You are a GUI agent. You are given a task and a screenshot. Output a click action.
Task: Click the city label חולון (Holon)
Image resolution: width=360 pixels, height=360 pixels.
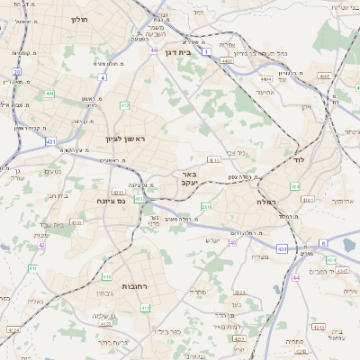click(78, 18)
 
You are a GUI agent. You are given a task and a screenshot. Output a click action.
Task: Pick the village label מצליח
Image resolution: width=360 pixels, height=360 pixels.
click(258, 256)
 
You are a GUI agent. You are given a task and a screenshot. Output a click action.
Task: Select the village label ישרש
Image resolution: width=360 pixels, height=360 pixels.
click(212, 239)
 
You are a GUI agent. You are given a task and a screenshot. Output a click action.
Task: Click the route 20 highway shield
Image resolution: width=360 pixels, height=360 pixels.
click(16, 71)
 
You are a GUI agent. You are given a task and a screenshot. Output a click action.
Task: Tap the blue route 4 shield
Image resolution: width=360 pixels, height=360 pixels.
click(102, 77)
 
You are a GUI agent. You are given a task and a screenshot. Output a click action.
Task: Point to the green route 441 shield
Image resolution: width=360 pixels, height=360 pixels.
click(49, 93)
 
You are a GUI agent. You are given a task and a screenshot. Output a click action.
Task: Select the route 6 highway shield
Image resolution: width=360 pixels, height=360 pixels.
click(322, 243)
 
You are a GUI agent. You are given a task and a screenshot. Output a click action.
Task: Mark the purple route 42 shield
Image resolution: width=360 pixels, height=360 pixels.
click(41, 244)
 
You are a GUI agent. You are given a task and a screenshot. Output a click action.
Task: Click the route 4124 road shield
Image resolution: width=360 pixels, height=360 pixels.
click(13, 330)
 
